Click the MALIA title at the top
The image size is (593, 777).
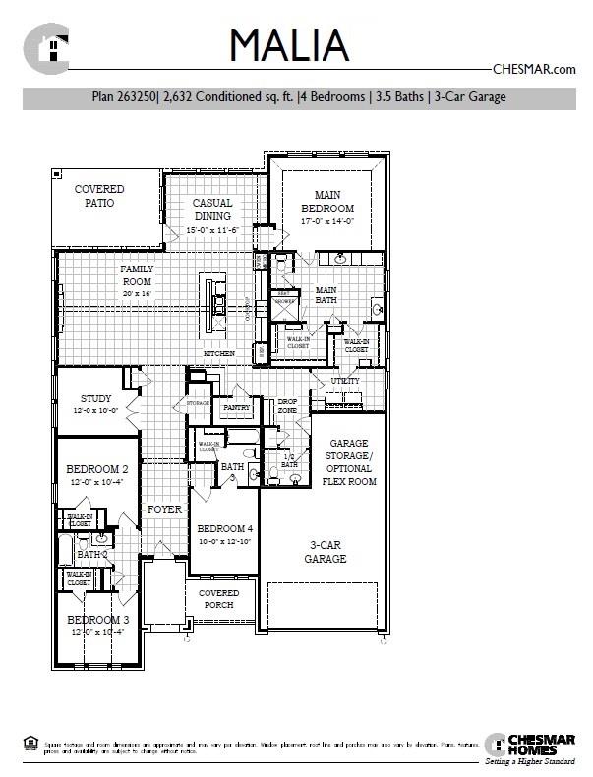(x=289, y=44)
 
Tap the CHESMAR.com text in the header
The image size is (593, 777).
(x=532, y=69)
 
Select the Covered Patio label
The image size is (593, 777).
(x=99, y=196)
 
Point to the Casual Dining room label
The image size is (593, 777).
(x=212, y=209)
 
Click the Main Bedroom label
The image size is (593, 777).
(x=327, y=202)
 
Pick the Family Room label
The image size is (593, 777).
(x=137, y=274)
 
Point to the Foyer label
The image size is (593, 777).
(x=164, y=509)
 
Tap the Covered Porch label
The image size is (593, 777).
(x=218, y=599)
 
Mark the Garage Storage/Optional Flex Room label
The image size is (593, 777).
(x=348, y=462)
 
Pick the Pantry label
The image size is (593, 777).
(x=237, y=406)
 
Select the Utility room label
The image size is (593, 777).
(x=345, y=381)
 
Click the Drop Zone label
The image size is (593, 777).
(x=287, y=406)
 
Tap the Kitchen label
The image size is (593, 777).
(x=218, y=353)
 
